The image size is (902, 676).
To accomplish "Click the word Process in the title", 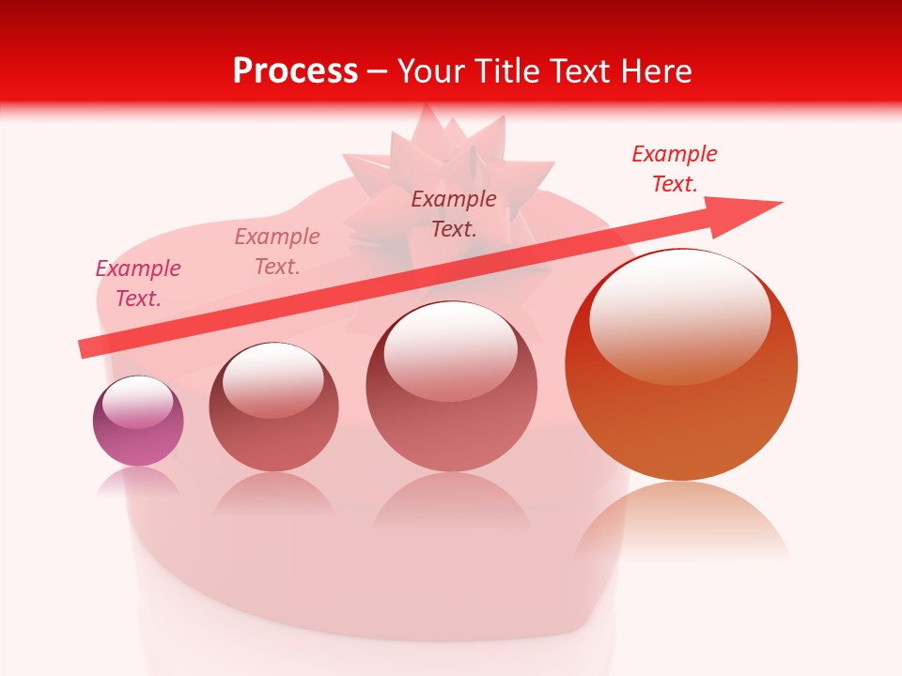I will click(295, 70).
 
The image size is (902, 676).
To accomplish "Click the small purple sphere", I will click(138, 421).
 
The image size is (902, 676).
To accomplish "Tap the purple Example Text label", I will click(138, 283).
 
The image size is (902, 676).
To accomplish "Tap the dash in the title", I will click(377, 71).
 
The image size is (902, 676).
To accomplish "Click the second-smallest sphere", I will click(273, 407).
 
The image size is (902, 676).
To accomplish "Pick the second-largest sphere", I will click(452, 387).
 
